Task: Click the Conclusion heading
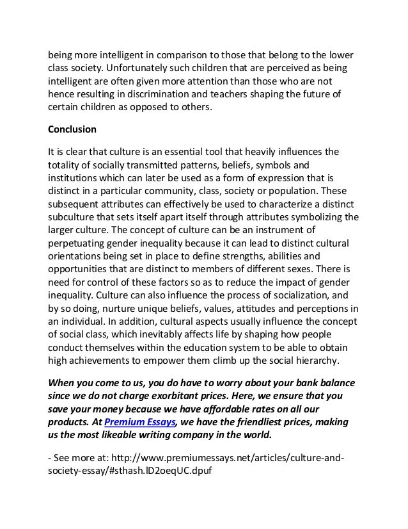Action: click(x=72, y=129)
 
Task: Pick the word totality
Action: click(x=67, y=166)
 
